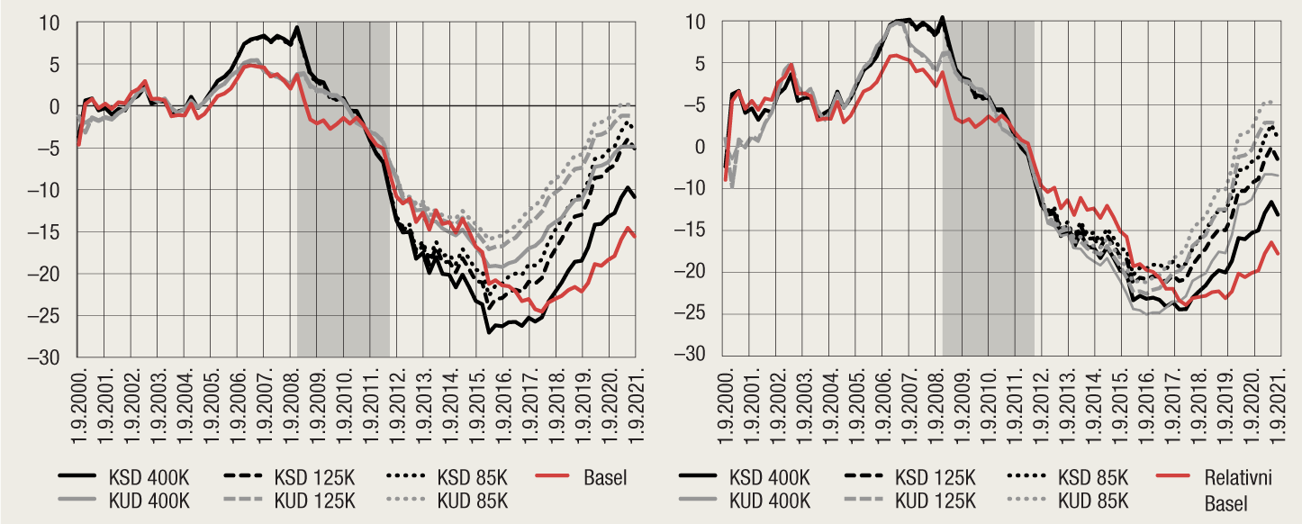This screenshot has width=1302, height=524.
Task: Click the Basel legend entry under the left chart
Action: click(605, 477)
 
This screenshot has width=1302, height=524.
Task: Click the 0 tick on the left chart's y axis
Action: click(60, 106)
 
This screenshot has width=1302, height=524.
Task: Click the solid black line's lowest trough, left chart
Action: click(489, 332)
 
